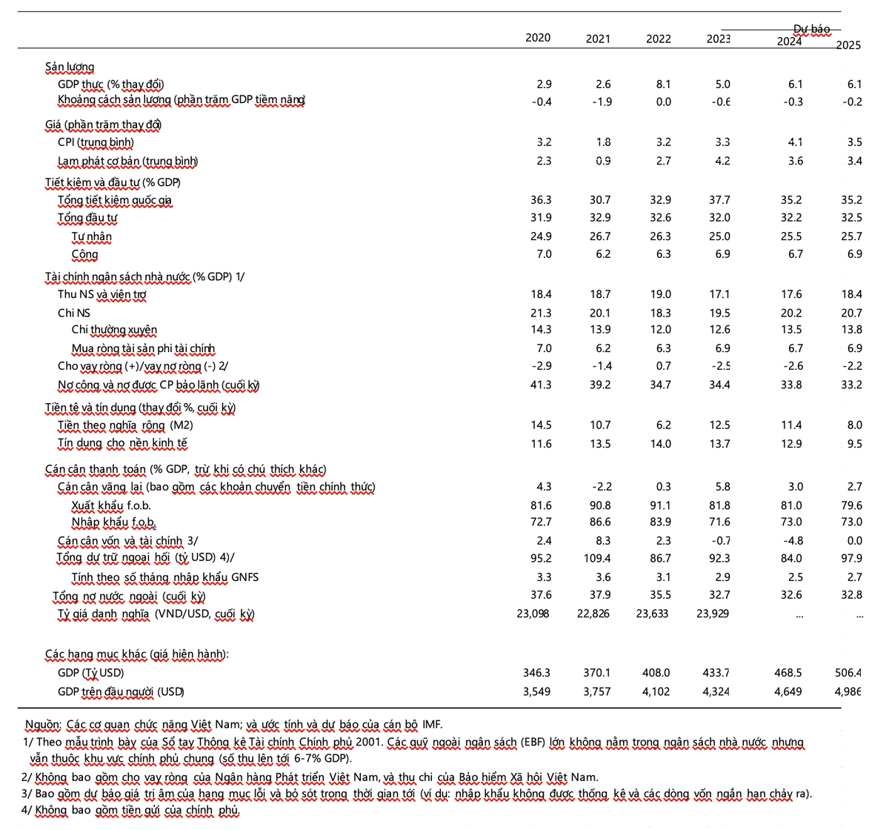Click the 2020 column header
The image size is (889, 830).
click(x=538, y=38)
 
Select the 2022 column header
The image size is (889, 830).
click(x=659, y=39)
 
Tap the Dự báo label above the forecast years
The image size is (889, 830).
click(x=811, y=30)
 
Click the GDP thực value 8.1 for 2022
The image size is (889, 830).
click(x=664, y=84)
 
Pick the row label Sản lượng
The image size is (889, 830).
click(x=70, y=67)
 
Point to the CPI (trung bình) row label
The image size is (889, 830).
click(x=96, y=142)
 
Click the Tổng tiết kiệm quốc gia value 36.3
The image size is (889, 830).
click(x=541, y=200)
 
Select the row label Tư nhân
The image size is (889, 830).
click(x=91, y=236)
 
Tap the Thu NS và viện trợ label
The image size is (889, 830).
click(x=101, y=294)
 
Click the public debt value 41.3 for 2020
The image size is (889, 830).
click(x=541, y=385)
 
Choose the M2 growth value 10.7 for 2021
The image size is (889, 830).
click(x=600, y=425)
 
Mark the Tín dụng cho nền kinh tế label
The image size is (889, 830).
click(x=122, y=443)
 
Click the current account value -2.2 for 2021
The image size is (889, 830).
click(x=602, y=487)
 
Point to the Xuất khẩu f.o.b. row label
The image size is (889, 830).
click(x=111, y=505)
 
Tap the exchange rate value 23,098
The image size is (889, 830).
click(x=533, y=614)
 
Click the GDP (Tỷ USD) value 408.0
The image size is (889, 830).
click(x=656, y=673)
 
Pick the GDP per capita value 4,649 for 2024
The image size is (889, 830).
click(x=788, y=691)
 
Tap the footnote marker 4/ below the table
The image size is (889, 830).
click(x=27, y=810)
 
